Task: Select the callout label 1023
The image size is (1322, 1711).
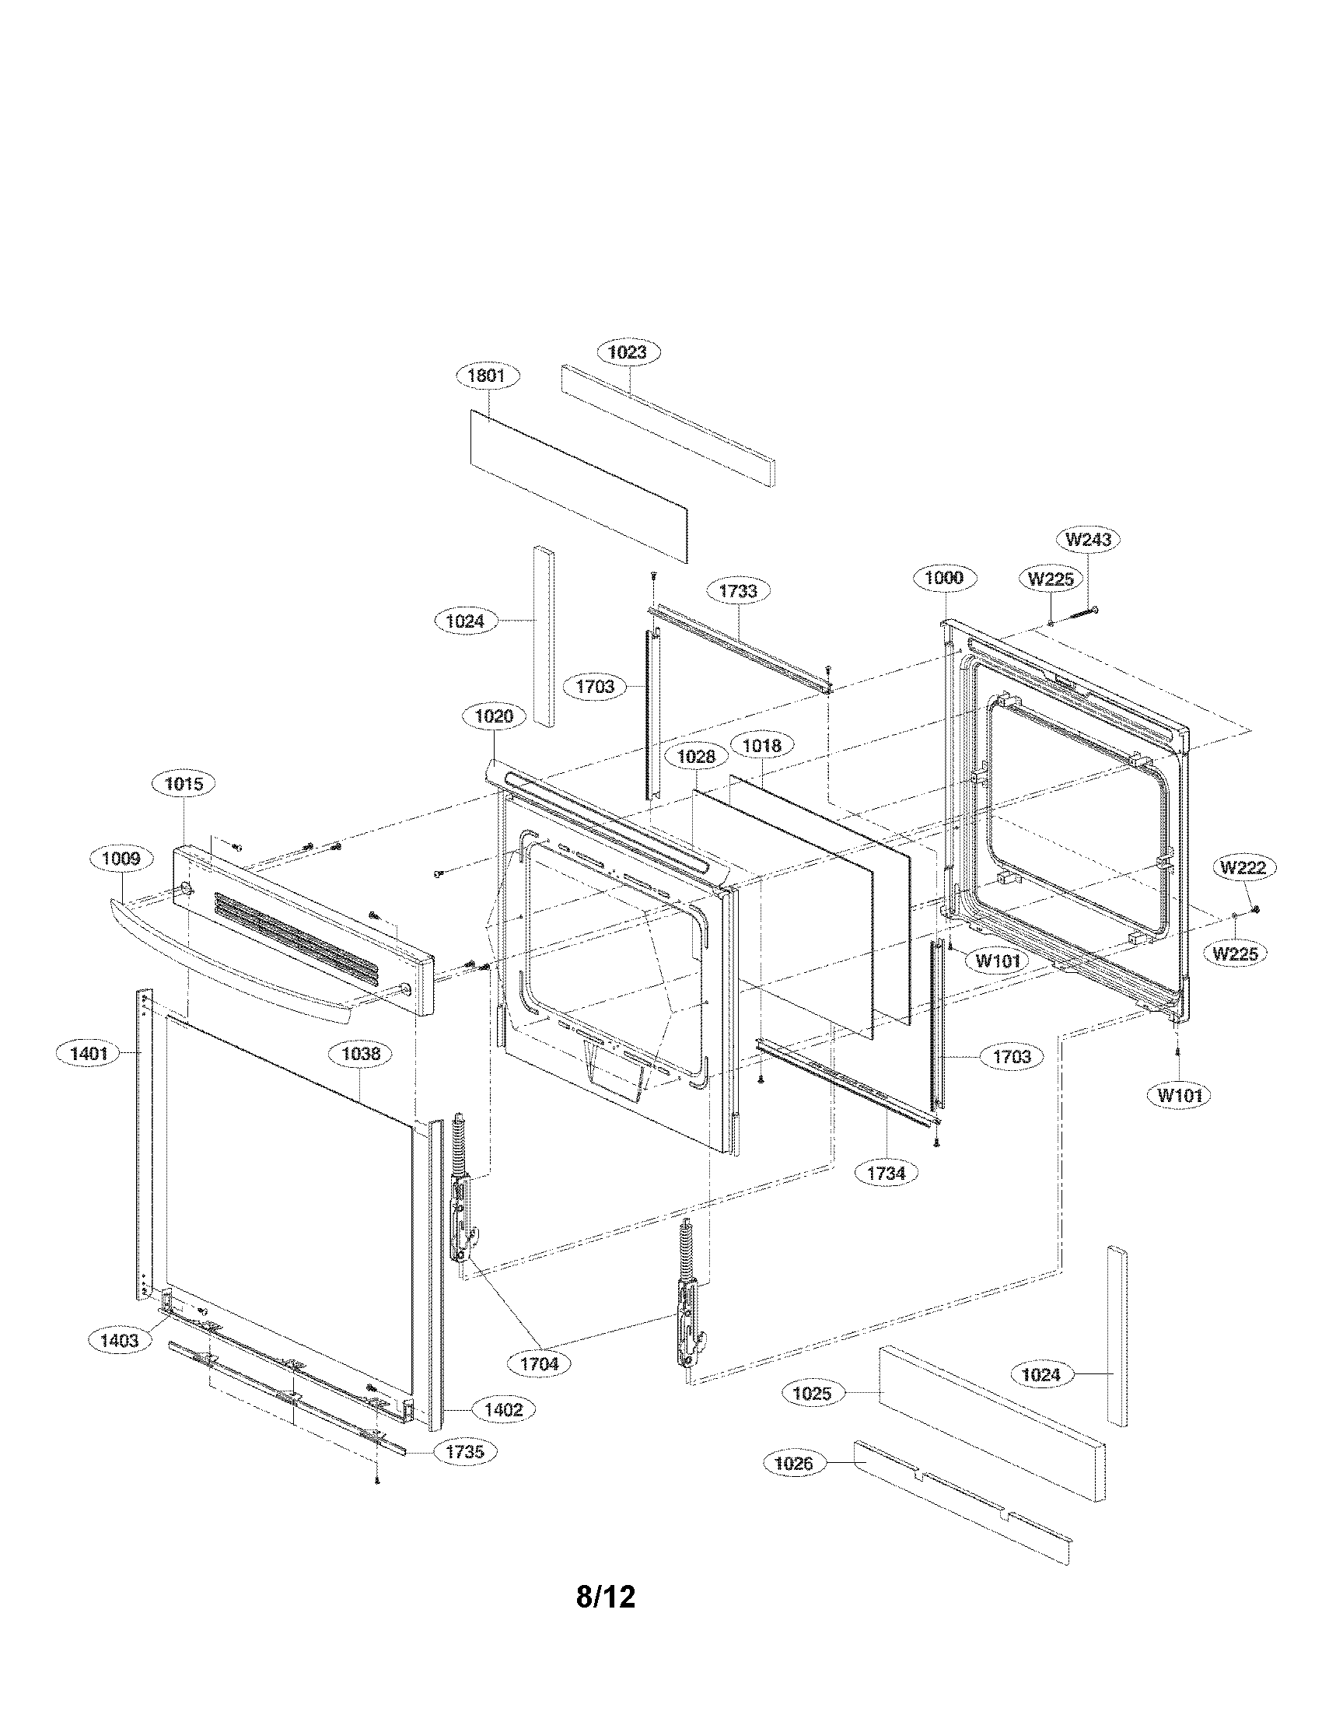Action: point(628,352)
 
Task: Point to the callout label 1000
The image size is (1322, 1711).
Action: point(944,578)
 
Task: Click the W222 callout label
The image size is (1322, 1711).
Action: point(1243,867)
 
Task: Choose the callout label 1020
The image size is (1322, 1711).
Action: point(494,716)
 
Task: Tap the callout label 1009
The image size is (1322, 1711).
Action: point(121,859)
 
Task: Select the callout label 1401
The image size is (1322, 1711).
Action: point(89,1054)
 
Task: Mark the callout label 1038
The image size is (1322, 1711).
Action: point(361,1054)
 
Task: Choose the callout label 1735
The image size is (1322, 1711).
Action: point(464,1451)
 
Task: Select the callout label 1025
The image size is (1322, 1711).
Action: point(812,1393)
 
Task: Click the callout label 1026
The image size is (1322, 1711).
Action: point(793,1463)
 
